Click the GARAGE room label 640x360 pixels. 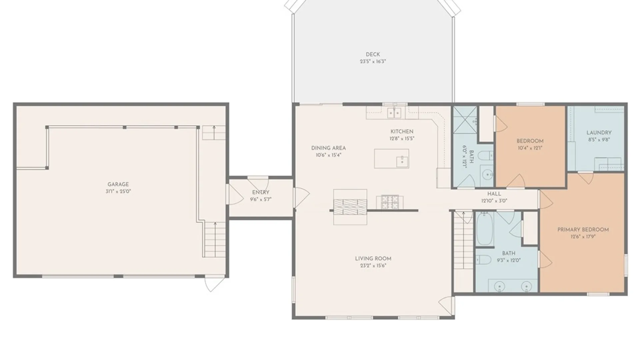coord(118,184)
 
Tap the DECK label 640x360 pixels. coord(373,54)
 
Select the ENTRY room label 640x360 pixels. coord(261,192)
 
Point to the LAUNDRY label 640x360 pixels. coord(599,133)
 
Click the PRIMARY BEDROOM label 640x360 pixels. coord(583,230)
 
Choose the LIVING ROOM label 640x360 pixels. coord(373,259)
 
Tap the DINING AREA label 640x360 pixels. coord(328,148)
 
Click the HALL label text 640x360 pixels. coord(494,194)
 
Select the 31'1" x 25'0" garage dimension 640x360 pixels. coord(118,191)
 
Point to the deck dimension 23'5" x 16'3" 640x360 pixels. coord(373,61)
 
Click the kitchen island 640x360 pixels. coord(391,159)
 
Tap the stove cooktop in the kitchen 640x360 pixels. coord(390,202)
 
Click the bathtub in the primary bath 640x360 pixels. coord(484,229)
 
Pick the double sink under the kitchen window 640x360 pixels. coord(394,113)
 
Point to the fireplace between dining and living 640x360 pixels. coord(350,207)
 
